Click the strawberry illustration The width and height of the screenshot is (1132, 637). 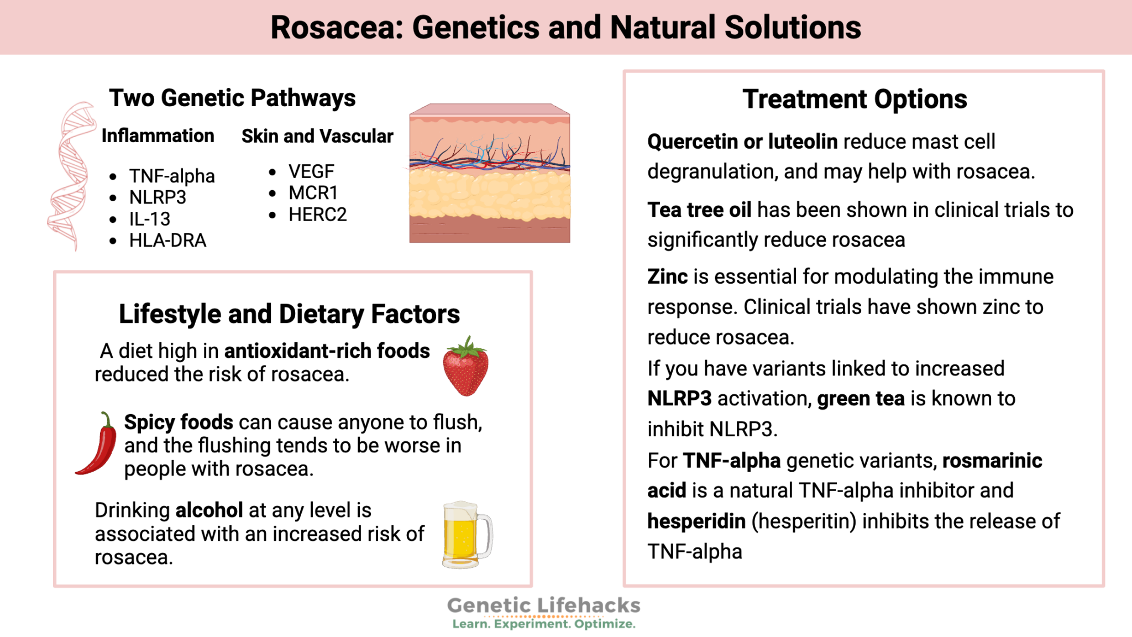[x=466, y=367]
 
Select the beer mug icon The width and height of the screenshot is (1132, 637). [x=465, y=535]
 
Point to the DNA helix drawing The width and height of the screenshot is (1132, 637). [x=71, y=176]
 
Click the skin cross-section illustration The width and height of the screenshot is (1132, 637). [x=489, y=174]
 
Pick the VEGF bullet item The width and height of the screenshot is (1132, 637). [x=311, y=171]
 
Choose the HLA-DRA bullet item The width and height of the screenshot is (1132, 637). [x=167, y=241]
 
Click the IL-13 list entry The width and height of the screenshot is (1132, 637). [x=149, y=219]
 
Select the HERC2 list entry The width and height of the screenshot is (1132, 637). [x=317, y=215]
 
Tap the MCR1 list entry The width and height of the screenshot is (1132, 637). [x=313, y=193]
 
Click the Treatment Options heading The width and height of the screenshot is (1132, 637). [x=855, y=100]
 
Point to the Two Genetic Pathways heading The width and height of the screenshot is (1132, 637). [x=232, y=98]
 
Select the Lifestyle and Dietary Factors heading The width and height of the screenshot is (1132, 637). [x=289, y=314]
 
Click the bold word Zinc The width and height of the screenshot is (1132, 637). [x=668, y=276]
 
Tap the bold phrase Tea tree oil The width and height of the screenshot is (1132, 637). [x=699, y=210]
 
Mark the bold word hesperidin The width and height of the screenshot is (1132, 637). [x=696, y=521]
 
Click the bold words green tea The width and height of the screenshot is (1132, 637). [x=861, y=399]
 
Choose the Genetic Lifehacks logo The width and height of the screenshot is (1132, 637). [x=543, y=612]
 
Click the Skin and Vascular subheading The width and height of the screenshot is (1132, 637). [x=317, y=136]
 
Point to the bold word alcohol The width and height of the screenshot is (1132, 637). [x=209, y=510]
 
